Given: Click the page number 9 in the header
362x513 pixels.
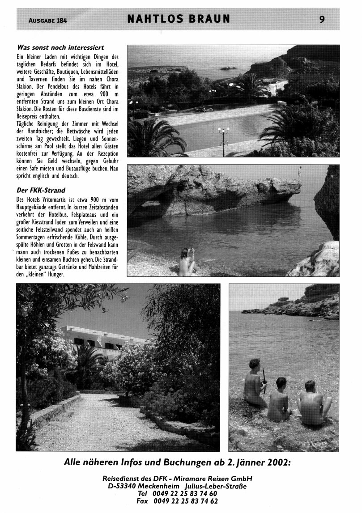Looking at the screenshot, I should pyautogui.click(x=322, y=19).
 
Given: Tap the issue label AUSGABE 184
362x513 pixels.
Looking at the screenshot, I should pyautogui.click(x=47, y=20).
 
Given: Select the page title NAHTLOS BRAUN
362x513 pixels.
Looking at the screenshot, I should pyautogui.click(x=179, y=19).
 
